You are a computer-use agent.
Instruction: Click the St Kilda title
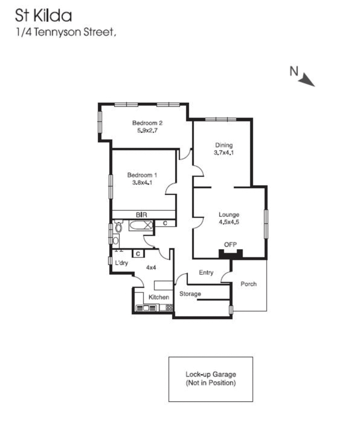pos(43,16)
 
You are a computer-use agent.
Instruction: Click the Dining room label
pos(223,145)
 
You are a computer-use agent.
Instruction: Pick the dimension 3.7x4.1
pos(223,153)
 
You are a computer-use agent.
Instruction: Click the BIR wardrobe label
pos(141,214)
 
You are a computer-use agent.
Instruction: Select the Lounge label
pos(229,215)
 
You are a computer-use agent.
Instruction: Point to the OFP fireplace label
pos(230,244)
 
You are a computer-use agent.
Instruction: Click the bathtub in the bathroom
pos(141,225)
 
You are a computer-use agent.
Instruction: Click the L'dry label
pos(121,263)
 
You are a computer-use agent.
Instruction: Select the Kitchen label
pos(159,297)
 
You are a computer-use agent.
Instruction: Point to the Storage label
pos(190,294)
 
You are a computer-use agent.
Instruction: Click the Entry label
pos(206,273)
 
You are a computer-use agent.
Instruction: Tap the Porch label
pos(248,284)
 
